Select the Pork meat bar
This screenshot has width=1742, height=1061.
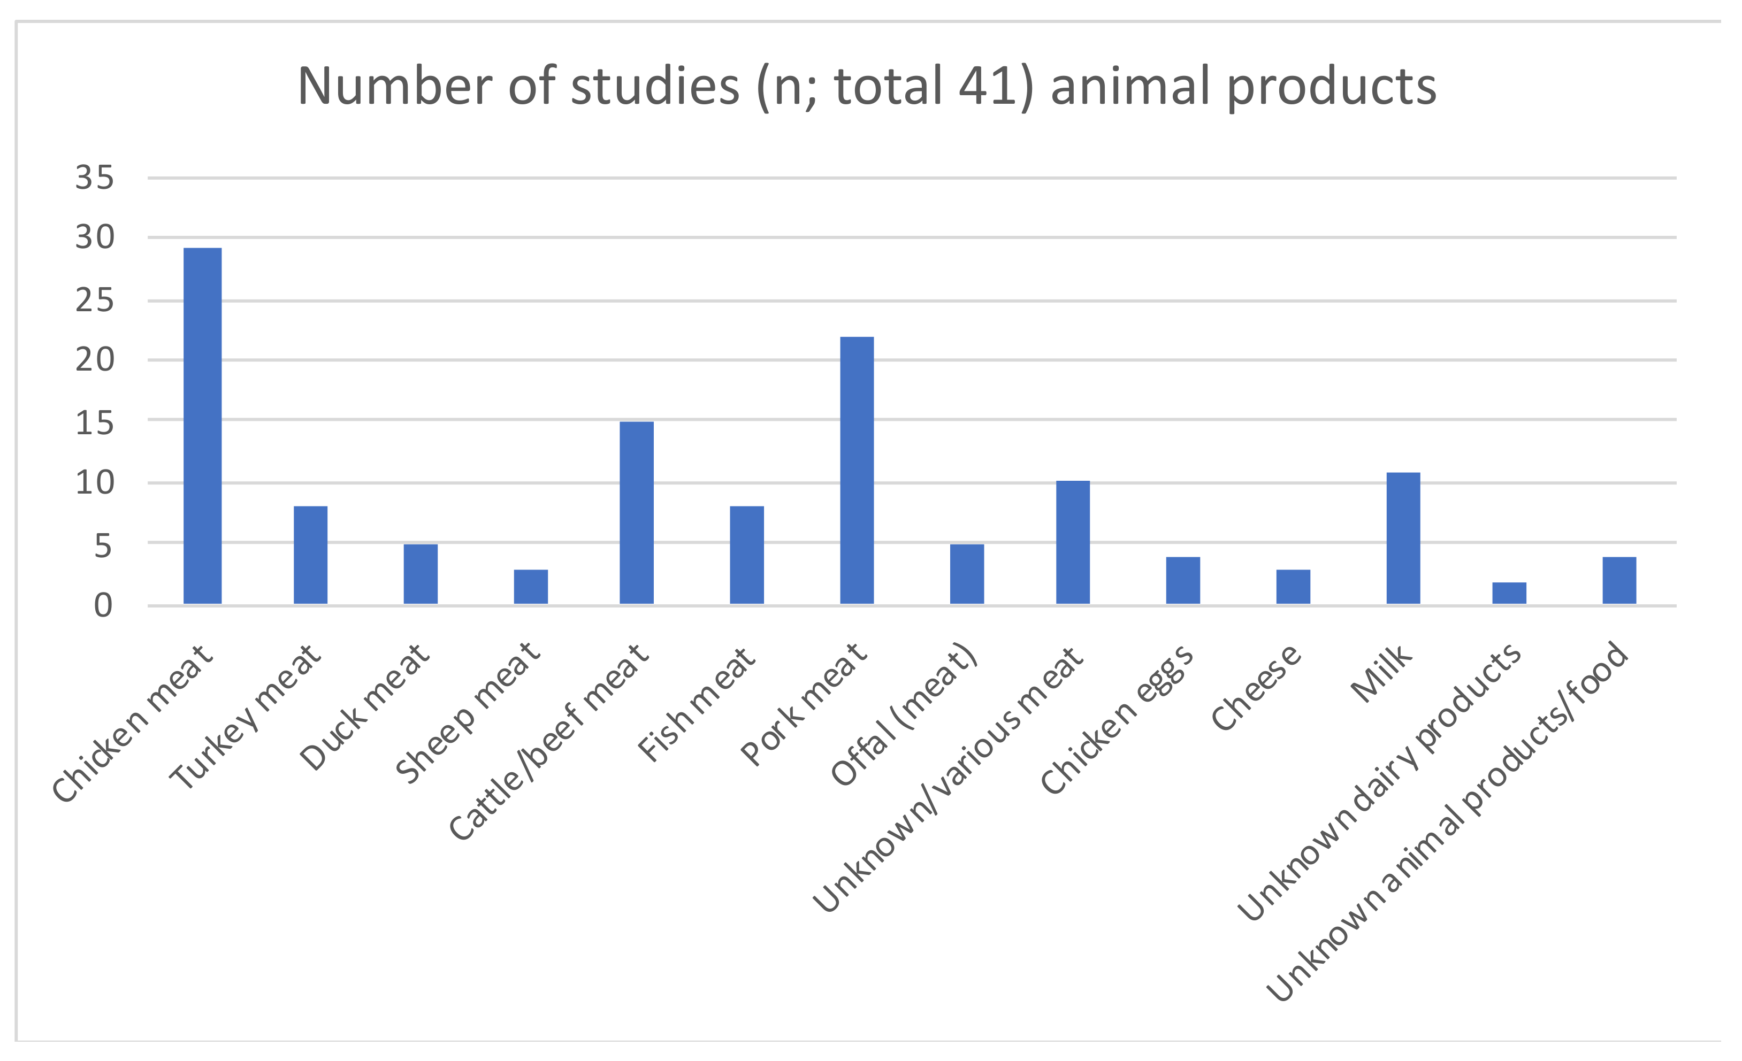pyautogui.click(x=856, y=470)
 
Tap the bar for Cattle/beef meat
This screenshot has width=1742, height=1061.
pyautogui.click(x=636, y=512)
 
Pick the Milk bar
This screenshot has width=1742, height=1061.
pyautogui.click(x=1403, y=538)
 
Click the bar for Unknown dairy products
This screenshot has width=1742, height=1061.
pyautogui.click(x=1509, y=593)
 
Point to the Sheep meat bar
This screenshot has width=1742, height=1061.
pyautogui.click(x=530, y=587)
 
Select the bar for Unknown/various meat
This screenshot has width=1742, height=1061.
pyautogui.click(x=1073, y=542)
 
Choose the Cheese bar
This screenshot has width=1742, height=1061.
pyautogui.click(x=1293, y=587)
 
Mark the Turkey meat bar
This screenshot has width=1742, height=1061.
pyautogui.click(x=310, y=555)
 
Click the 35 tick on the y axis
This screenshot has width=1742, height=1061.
pyautogui.click(x=94, y=178)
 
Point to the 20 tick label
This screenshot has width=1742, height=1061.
pyautogui.click(x=94, y=360)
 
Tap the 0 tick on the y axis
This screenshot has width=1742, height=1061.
pyautogui.click(x=103, y=606)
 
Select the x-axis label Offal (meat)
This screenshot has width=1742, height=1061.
pyautogui.click(x=905, y=714)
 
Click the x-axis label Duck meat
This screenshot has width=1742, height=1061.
pyautogui.click(x=364, y=707)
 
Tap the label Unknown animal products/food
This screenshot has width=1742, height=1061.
pyautogui.click(x=1449, y=820)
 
